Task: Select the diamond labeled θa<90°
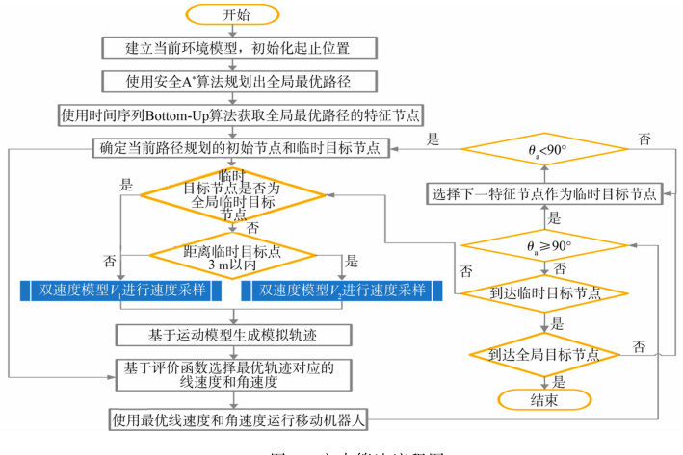(543, 152)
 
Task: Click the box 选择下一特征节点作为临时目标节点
(543, 192)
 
